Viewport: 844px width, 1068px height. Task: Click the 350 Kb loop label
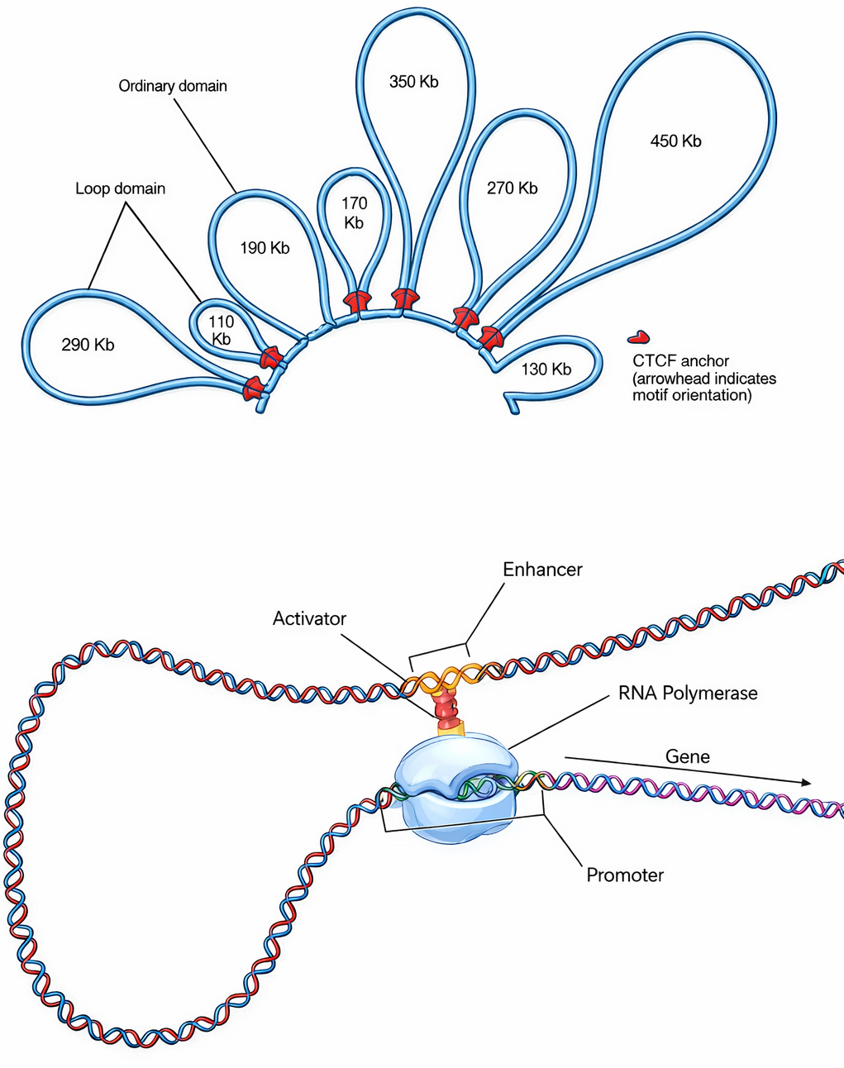[413, 82]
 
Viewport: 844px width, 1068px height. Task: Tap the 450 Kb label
[675, 141]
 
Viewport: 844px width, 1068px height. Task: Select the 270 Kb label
[512, 188]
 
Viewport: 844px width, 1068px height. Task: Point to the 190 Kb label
[265, 248]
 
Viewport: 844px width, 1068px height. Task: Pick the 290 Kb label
[88, 345]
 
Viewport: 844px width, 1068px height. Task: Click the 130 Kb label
[546, 370]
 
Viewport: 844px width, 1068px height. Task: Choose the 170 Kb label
[354, 212]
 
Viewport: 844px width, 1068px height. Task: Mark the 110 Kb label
[221, 330]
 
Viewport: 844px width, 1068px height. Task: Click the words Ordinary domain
[173, 86]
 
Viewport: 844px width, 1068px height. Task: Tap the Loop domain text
[121, 188]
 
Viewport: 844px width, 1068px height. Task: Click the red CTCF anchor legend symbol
[638, 336]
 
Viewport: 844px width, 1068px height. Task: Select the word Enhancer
[542, 570]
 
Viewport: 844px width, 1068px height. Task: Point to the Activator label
[309, 618]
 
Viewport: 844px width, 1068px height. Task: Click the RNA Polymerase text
[688, 694]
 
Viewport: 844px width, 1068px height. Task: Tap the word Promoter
[625, 875]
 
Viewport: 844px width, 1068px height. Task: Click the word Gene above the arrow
[688, 756]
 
